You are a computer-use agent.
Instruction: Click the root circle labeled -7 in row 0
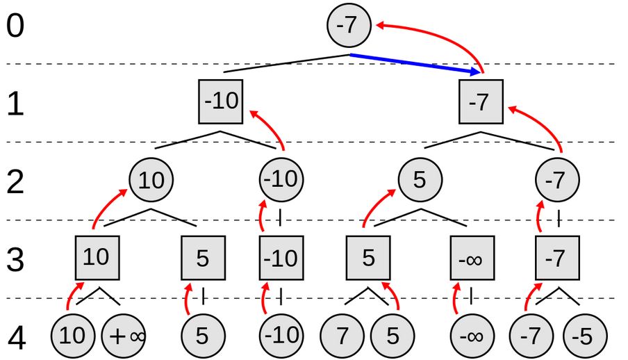pyautogui.click(x=349, y=26)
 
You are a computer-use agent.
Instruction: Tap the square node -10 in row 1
pyautogui.click(x=221, y=101)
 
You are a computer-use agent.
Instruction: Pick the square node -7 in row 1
pyautogui.click(x=479, y=101)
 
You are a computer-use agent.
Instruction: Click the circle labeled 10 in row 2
pyautogui.click(x=151, y=180)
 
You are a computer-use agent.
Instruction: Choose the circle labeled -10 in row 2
pyautogui.click(x=281, y=180)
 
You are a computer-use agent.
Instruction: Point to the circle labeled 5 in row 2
pyautogui.click(x=419, y=180)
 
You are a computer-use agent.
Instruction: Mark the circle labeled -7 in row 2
pyautogui.click(x=556, y=180)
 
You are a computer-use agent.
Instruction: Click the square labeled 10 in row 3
pyautogui.click(x=96, y=258)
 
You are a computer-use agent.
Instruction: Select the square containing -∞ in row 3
pyautogui.click(x=472, y=259)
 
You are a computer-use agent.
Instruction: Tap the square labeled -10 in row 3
pyautogui.click(x=281, y=259)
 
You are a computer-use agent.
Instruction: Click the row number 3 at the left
pyautogui.click(x=16, y=259)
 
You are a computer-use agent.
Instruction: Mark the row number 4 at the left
pyautogui.click(x=16, y=337)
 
